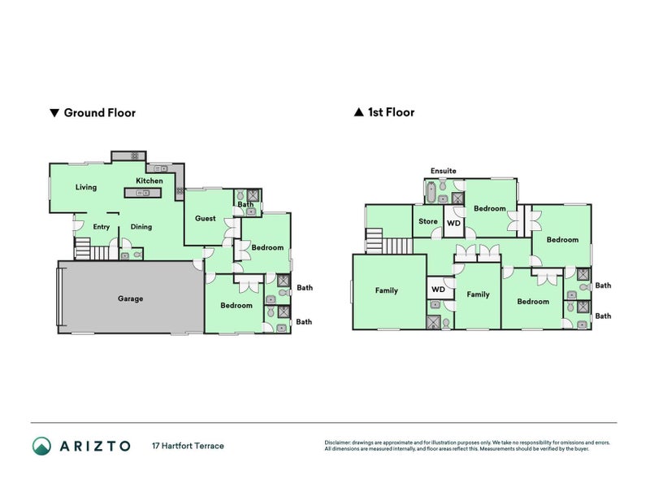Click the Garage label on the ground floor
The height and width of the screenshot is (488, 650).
click(x=130, y=298)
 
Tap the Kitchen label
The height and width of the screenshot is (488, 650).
click(x=149, y=181)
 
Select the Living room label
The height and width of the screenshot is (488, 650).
click(x=86, y=187)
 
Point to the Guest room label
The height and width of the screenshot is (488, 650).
click(x=206, y=218)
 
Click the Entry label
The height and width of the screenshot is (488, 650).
click(x=102, y=227)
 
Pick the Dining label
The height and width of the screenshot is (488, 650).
click(x=141, y=227)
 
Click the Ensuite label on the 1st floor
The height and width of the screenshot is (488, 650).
click(x=444, y=171)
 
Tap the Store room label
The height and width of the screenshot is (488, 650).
click(x=428, y=221)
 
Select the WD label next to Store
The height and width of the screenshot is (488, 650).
click(x=454, y=223)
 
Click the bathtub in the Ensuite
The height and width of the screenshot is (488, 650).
click(x=431, y=193)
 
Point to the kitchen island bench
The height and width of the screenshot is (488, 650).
click(x=142, y=193)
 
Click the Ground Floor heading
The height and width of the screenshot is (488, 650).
click(x=99, y=113)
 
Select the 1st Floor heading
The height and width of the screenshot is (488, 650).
click(x=392, y=112)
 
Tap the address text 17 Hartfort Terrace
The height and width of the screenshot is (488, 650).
click(x=188, y=446)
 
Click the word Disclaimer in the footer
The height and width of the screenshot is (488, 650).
click(x=340, y=442)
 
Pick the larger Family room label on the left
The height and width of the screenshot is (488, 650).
click(x=387, y=290)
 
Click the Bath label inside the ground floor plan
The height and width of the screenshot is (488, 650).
click(x=245, y=204)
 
